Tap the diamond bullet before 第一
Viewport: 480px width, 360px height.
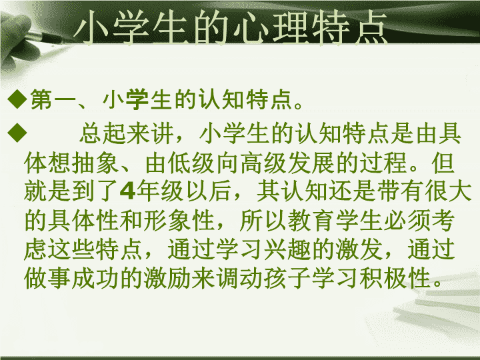click(x=17, y=99)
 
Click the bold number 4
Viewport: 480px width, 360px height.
click(x=127, y=191)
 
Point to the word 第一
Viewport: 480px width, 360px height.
click(x=53, y=99)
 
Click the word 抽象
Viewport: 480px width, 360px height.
click(x=95, y=162)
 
